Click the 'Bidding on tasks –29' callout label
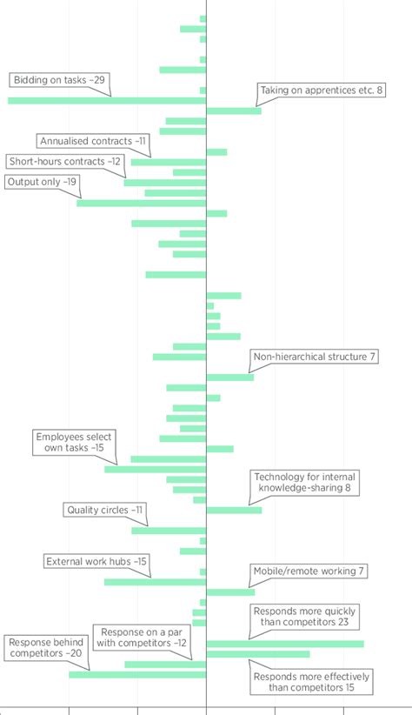point(60,80)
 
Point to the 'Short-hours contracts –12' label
point(65,161)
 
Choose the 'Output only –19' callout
point(42,182)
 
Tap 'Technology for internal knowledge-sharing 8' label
point(302,483)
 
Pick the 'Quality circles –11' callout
point(104,510)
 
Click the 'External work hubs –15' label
point(96,562)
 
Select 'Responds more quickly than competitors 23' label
point(304,617)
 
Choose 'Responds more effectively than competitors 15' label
point(311,682)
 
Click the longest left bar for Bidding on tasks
point(107,101)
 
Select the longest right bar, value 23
point(285,644)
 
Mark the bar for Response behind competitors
point(137,674)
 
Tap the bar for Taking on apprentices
point(233,110)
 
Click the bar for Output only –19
point(141,203)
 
